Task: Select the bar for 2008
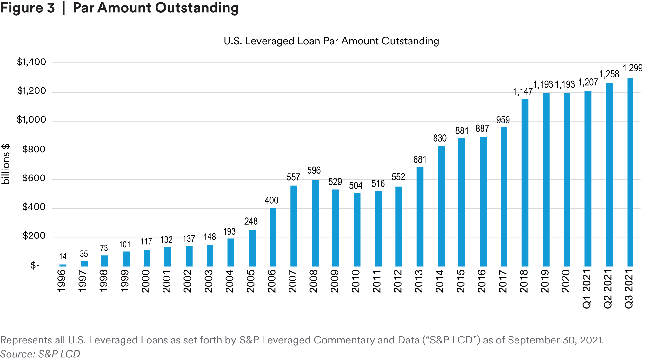(x=315, y=223)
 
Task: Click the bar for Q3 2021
(x=630, y=172)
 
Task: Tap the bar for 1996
(x=63, y=265)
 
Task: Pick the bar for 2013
(x=420, y=217)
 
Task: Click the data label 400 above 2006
(x=271, y=201)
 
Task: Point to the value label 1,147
(x=522, y=92)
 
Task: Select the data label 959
(x=503, y=120)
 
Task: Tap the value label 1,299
(x=632, y=68)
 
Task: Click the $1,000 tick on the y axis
(x=31, y=120)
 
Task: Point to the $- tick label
(x=35, y=265)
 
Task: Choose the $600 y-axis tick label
(x=34, y=178)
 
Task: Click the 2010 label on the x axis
(x=356, y=281)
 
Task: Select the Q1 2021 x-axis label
(x=587, y=289)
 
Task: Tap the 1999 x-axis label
(x=125, y=281)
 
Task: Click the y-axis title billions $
(x=6, y=164)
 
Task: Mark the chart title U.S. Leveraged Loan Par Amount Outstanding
(x=331, y=41)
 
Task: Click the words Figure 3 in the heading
(x=28, y=8)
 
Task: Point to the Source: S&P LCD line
(x=40, y=354)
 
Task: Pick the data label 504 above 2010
(x=356, y=186)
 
